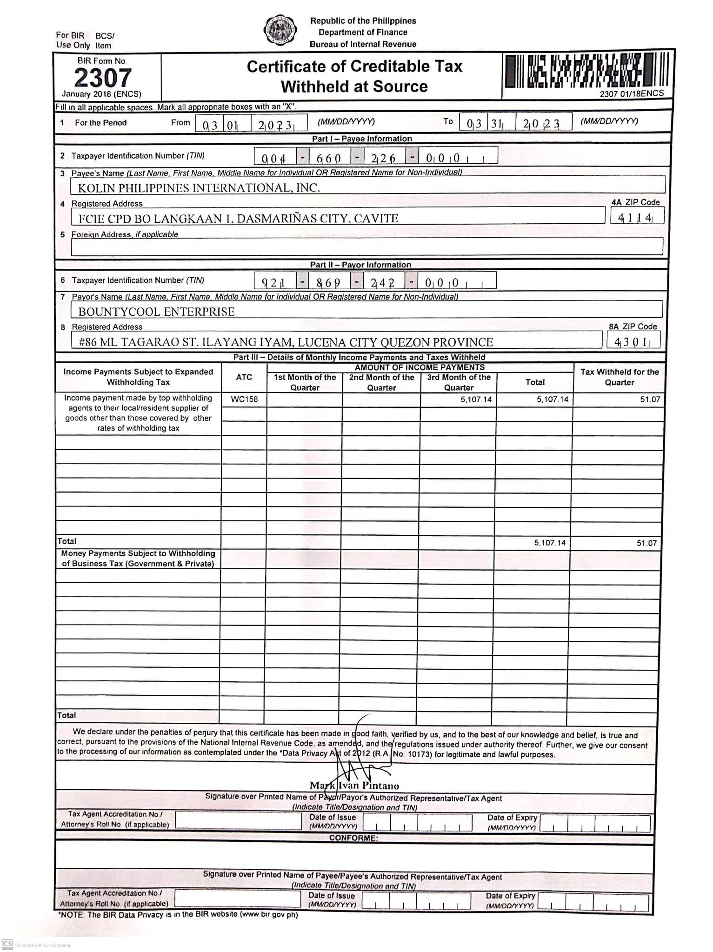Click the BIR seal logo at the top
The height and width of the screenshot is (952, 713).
click(280, 30)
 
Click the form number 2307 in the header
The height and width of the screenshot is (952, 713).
click(103, 78)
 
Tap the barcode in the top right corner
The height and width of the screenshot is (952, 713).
click(587, 71)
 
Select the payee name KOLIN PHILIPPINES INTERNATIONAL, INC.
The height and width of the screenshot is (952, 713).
click(199, 188)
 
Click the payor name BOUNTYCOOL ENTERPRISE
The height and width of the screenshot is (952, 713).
click(156, 312)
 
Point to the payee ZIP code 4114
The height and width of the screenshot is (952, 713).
click(635, 217)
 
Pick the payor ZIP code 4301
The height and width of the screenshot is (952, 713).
click(632, 342)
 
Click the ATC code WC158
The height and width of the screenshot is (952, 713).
click(244, 399)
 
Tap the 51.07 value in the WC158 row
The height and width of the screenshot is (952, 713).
click(650, 399)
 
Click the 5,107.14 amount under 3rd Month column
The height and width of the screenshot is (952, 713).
click(476, 399)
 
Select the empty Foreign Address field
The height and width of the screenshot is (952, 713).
click(366, 246)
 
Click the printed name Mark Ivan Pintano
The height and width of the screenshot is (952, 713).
click(354, 786)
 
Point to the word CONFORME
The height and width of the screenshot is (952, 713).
click(353, 838)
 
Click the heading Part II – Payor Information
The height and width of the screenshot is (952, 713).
click(360, 265)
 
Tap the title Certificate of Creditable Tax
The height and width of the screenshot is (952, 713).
click(354, 67)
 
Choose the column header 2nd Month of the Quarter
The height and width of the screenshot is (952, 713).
click(381, 382)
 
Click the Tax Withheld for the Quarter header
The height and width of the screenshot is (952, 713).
click(619, 377)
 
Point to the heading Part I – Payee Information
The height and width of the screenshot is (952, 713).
click(362, 139)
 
